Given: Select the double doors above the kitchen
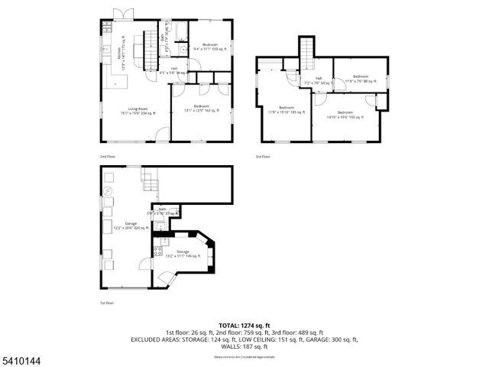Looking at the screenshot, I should click(x=119, y=15).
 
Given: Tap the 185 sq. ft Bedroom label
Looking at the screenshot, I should click(x=287, y=109).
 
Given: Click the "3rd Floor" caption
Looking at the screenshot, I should click(x=263, y=157).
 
